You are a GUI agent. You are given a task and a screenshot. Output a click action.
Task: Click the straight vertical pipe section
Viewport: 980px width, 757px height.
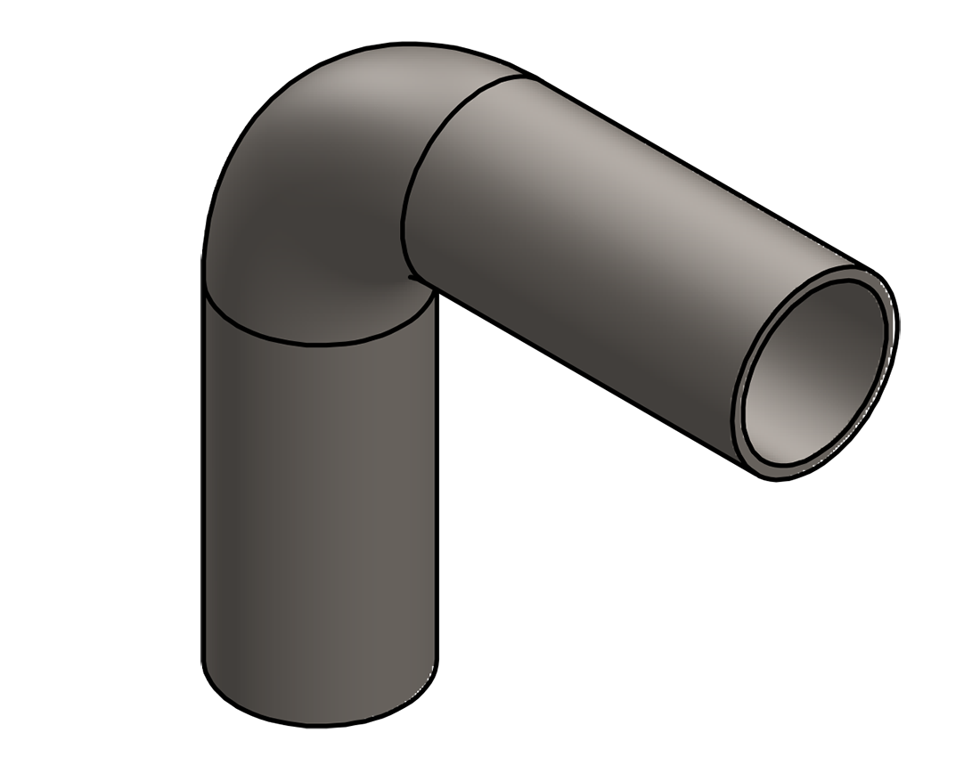tap(321, 508)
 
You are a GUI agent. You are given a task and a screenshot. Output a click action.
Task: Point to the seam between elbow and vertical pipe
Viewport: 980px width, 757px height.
tap(312, 343)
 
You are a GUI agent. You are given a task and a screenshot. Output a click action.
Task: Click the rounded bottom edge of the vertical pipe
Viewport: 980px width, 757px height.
tap(321, 724)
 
